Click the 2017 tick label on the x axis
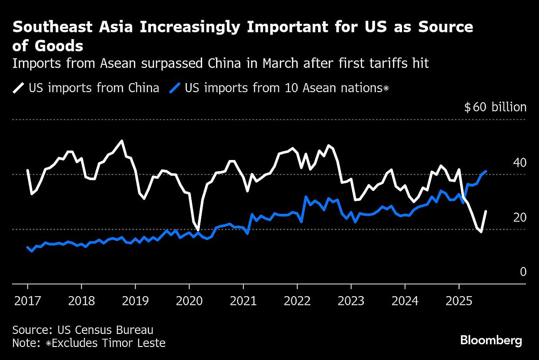click(27, 300)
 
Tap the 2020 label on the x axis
click(189, 300)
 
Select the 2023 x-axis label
click(351, 300)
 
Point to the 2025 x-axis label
click(459, 300)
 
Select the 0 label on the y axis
click(523, 272)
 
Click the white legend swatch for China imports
click(18, 88)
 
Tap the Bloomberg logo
click(491, 340)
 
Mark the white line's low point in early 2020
click(198, 230)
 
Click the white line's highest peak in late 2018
click(121, 141)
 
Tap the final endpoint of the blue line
click(486, 171)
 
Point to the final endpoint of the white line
click(486, 211)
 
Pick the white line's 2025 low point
click(481, 232)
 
